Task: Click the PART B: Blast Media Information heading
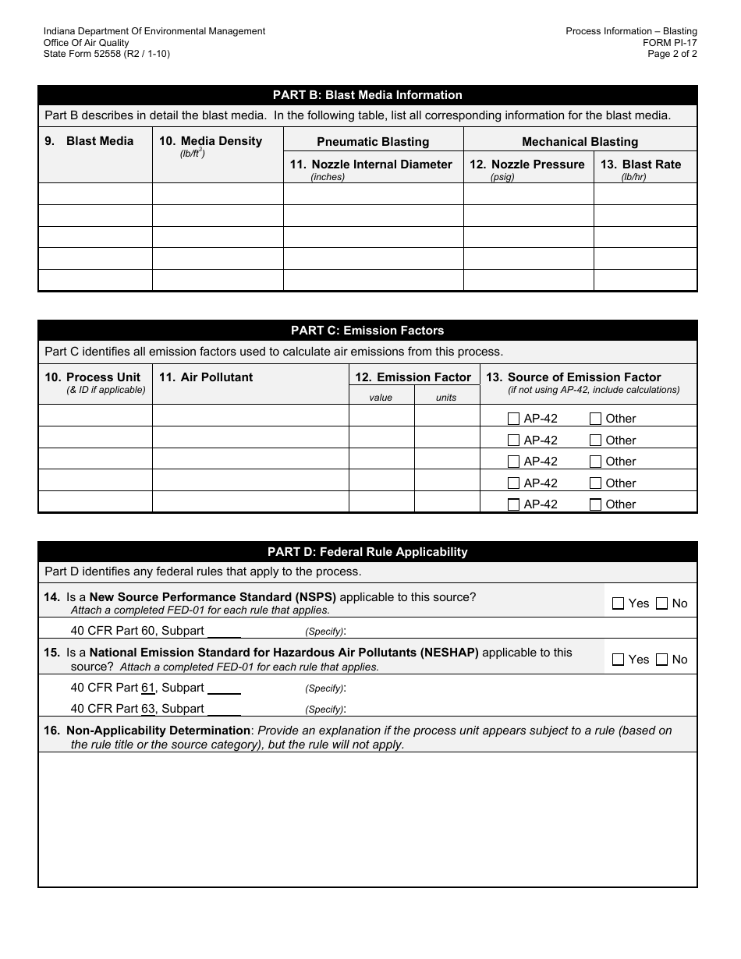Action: click(x=367, y=95)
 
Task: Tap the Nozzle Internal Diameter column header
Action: click(x=373, y=165)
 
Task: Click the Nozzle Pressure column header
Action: click(x=528, y=165)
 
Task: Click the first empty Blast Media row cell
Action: click(x=95, y=194)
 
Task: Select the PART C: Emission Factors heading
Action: click(x=367, y=331)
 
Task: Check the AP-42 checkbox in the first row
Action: click(x=513, y=419)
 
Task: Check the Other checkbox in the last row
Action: click(x=596, y=504)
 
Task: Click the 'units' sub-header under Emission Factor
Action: click(x=446, y=398)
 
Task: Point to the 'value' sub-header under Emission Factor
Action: click(x=381, y=398)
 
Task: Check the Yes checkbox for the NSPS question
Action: click(x=619, y=603)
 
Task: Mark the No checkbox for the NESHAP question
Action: click(x=662, y=660)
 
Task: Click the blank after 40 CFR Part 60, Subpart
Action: click(x=224, y=632)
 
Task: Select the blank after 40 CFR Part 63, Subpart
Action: click(x=224, y=709)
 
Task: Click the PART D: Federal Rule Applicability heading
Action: click(x=367, y=552)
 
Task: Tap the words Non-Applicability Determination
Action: click(x=158, y=731)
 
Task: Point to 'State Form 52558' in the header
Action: click(x=82, y=54)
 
